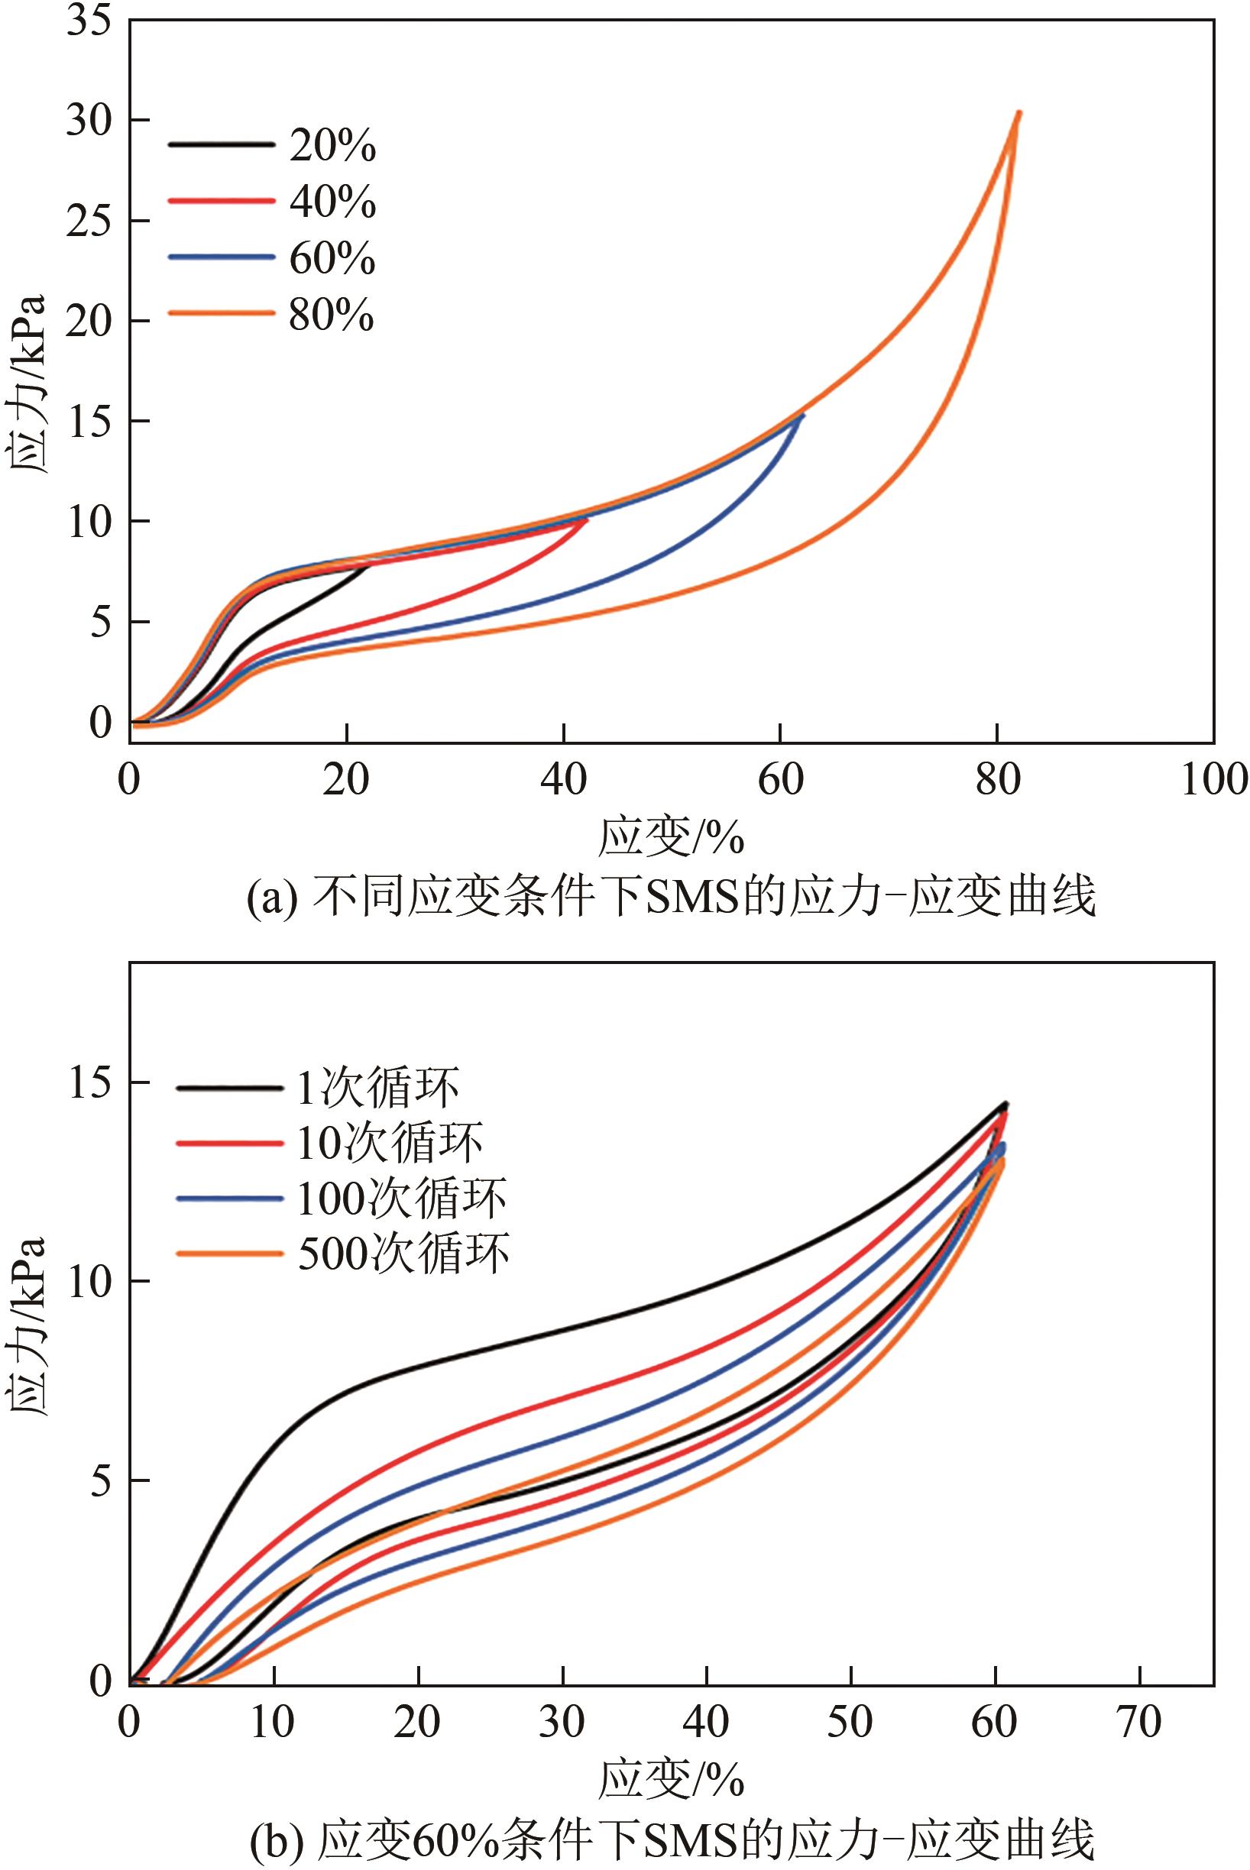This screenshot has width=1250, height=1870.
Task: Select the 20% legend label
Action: (332, 146)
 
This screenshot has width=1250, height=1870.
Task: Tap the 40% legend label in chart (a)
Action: (332, 202)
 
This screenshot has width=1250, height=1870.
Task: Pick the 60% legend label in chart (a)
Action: (332, 258)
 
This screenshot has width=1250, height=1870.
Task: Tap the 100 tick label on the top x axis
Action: (1213, 780)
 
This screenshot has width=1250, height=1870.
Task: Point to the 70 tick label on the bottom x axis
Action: (1139, 1723)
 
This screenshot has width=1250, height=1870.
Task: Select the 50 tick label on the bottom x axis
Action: (850, 1723)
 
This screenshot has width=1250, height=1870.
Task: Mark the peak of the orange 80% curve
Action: (1018, 113)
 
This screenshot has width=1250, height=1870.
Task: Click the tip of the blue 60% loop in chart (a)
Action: (803, 415)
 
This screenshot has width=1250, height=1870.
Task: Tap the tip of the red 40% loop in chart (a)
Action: (587, 519)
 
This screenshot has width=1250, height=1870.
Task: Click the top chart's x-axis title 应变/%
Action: (670, 837)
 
